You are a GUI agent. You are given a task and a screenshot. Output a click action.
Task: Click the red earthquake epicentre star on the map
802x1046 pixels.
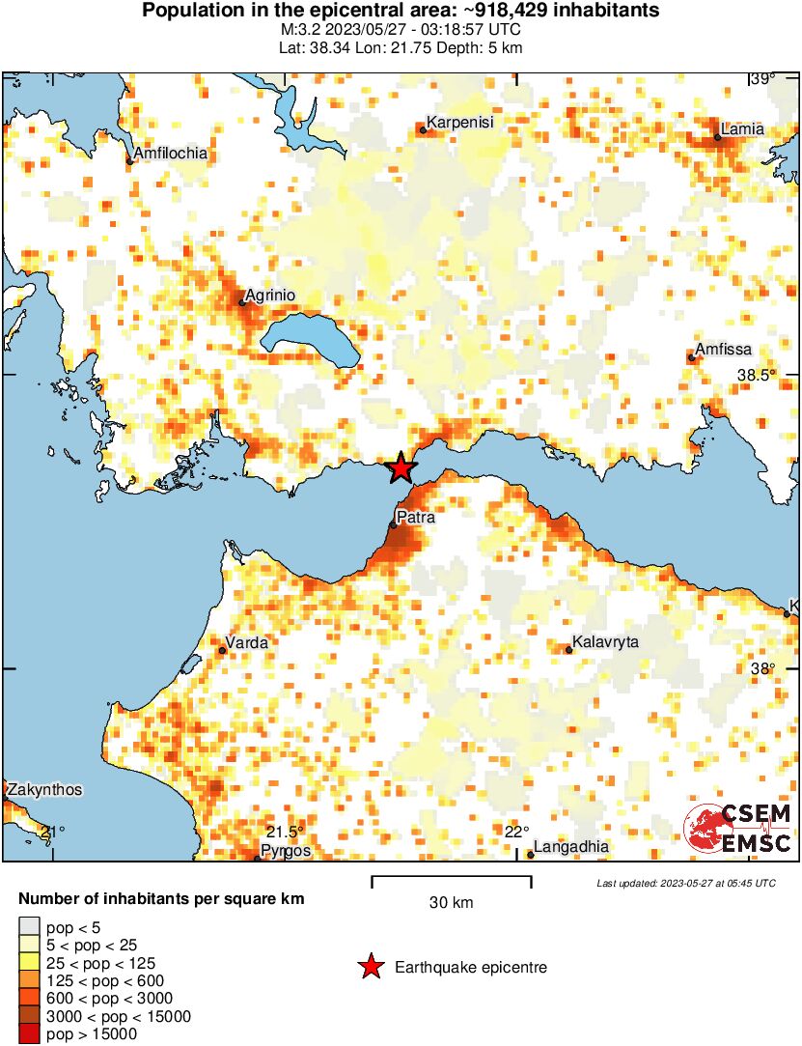401,469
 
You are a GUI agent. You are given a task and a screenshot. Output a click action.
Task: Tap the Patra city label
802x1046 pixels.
416,518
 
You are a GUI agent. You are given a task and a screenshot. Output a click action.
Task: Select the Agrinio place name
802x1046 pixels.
269,296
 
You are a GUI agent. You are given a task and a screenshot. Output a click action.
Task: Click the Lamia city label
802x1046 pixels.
742,128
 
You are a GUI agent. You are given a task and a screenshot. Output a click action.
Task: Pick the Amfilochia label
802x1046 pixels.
171,154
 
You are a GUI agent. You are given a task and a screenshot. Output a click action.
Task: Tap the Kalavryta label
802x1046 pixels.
605,642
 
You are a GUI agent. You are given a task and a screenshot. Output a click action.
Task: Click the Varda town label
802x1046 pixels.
246,642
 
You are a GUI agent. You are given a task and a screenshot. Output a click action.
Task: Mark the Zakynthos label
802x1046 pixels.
44,790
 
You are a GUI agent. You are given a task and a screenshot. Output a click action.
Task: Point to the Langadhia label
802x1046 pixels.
571,847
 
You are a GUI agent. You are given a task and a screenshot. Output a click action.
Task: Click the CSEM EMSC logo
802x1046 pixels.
738,829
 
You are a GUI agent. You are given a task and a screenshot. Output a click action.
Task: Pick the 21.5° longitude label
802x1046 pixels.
285,833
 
